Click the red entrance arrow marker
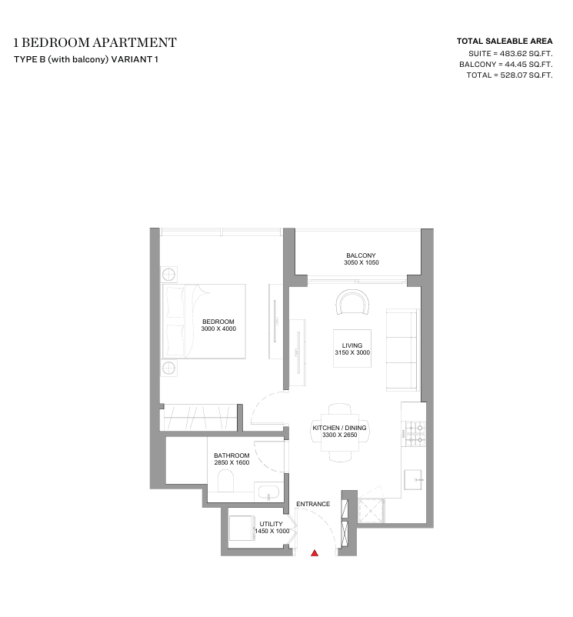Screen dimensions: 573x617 click(315, 553)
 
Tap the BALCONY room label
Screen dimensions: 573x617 click(361, 255)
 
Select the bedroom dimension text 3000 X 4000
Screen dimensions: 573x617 click(218, 329)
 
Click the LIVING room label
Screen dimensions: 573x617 click(352, 345)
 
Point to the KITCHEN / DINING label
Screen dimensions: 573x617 click(339, 428)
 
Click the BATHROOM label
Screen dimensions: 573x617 click(232, 455)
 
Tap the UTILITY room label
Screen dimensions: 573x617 click(271, 524)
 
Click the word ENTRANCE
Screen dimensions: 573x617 click(313, 504)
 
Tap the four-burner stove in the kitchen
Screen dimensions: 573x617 click(415, 434)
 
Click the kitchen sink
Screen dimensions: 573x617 click(413, 479)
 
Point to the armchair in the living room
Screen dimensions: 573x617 click(353, 302)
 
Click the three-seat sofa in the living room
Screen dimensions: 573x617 click(401, 350)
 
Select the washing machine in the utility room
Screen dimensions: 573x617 click(242, 529)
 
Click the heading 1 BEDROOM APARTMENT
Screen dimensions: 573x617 click(95, 42)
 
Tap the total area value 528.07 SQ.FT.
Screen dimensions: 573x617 click(526, 75)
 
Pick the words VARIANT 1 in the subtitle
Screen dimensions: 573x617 click(135, 59)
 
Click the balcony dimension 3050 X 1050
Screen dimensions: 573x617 click(361, 262)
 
